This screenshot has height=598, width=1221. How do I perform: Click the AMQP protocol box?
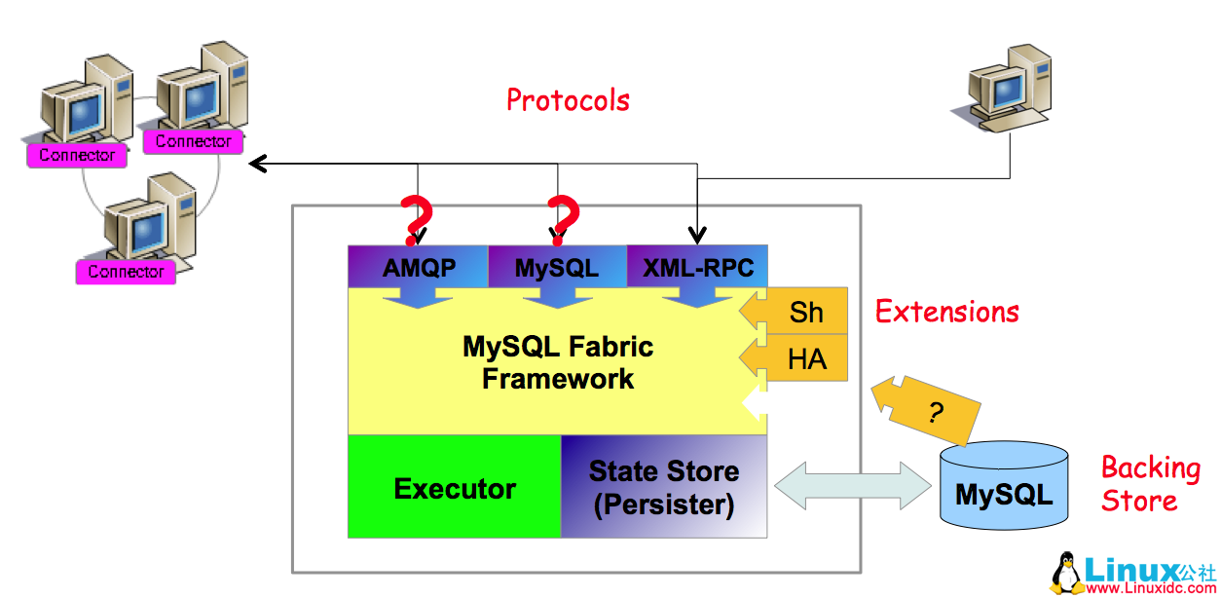418,268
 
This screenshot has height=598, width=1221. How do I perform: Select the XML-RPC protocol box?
698,268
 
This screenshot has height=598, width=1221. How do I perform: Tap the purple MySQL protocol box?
557,268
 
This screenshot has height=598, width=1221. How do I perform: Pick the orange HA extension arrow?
798,359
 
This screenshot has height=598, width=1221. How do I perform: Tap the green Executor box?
455,488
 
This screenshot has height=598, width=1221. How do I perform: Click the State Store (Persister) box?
664,488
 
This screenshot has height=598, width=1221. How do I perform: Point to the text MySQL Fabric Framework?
558,362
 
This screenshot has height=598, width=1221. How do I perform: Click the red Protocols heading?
568,100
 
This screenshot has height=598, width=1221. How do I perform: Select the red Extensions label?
946,312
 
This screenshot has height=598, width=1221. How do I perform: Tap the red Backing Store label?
1150,484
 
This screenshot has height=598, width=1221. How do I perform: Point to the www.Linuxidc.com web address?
1150,587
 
